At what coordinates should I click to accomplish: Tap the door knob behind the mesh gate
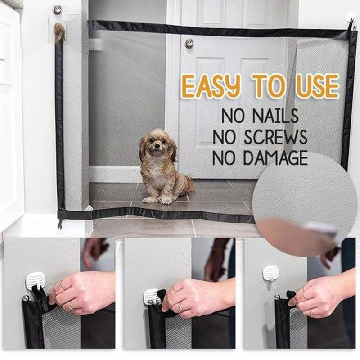tap(189, 43)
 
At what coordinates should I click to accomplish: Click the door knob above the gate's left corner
tap(58, 9)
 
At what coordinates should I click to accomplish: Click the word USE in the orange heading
tap(317, 86)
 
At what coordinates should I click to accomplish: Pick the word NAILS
tap(275, 116)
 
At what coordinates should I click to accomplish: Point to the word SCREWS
tap(275, 137)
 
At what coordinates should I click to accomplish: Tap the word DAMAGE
tap(275, 158)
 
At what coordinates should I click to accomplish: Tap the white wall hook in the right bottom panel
tap(271, 273)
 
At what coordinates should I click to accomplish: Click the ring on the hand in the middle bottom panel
tap(181, 307)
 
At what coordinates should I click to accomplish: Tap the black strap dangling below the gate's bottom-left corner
tap(61, 225)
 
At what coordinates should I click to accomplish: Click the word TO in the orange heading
tap(268, 85)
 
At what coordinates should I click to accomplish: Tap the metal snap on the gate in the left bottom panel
tap(25, 298)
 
